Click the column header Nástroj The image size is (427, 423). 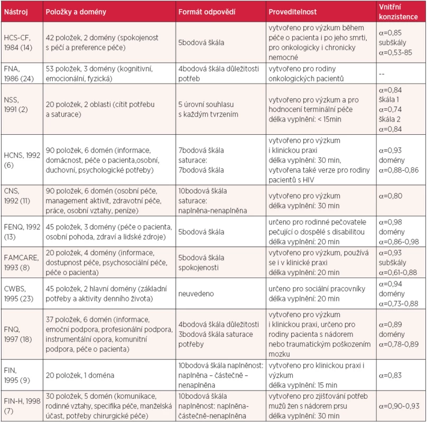16,12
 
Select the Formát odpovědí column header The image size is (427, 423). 207,12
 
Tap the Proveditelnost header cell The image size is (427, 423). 292,12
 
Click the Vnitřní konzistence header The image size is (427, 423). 398,12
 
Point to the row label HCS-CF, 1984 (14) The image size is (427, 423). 18,42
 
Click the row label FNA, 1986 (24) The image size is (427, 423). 19,73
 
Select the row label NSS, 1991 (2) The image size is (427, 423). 16,105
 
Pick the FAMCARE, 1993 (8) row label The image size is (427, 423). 21,262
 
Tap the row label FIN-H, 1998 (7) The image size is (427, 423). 22,406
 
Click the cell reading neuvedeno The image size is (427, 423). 196,294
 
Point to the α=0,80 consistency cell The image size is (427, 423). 390,196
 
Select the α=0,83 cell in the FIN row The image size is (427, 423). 390,375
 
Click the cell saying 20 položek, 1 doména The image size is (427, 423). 80,375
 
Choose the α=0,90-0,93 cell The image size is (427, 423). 399,406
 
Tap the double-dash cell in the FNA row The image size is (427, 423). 382,74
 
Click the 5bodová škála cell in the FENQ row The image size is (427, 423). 201,232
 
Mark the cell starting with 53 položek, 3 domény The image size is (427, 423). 99,73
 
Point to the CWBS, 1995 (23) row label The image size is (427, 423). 18,294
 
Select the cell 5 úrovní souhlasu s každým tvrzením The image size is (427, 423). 208,109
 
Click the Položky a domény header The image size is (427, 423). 76,12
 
